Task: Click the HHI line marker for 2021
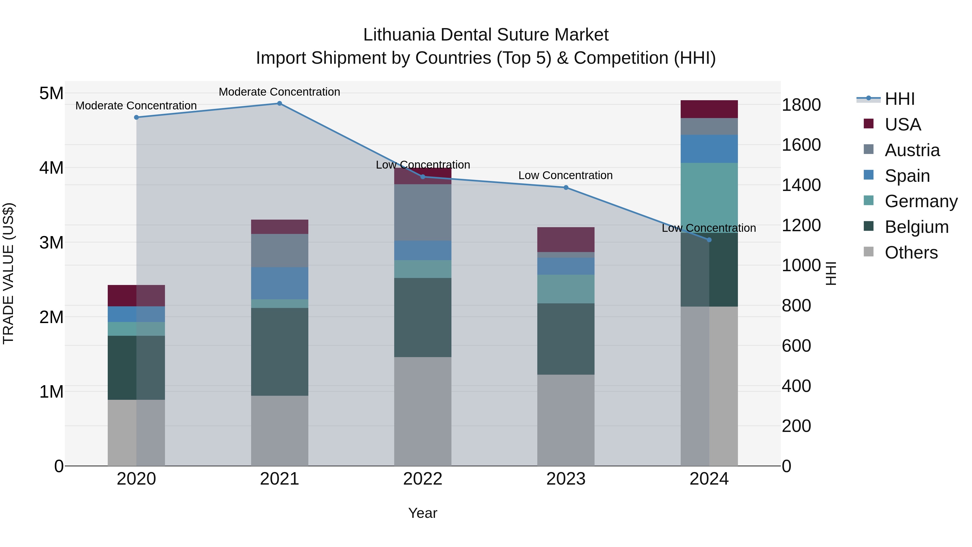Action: click(x=280, y=103)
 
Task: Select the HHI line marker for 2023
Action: click(x=566, y=188)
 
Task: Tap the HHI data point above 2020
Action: click(x=137, y=118)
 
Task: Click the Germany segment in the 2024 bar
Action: click(x=709, y=197)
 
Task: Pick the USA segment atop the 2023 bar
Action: click(x=566, y=239)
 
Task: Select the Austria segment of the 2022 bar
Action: click(x=423, y=212)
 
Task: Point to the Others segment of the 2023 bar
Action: click(x=566, y=420)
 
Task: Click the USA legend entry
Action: click(x=903, y=124)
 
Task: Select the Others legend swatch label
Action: click(x=911, y=253)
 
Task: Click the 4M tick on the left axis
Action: click(x=52, y=167)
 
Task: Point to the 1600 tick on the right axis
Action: click(x=801, y=145)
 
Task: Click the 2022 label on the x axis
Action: click(x=423, y=479)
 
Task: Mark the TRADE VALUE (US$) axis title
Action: click(x=8, y=273)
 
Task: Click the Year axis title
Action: click(x=423, y=513)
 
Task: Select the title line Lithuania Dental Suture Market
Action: click(x=486, y=35)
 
